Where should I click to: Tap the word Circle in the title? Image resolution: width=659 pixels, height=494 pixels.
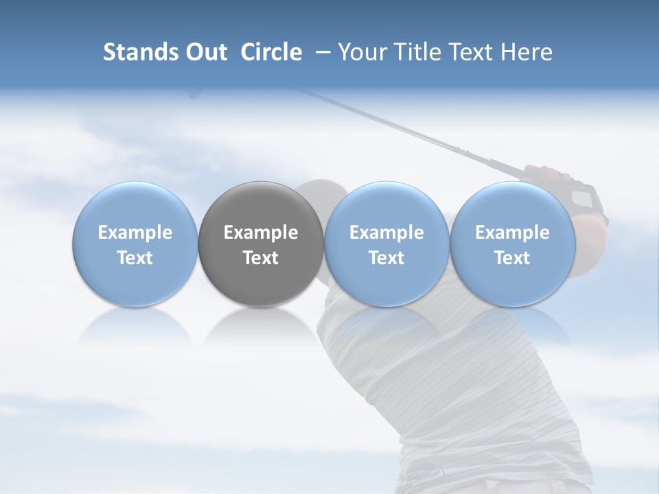point(271,52)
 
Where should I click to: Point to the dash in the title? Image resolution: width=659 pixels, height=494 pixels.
point(320,52)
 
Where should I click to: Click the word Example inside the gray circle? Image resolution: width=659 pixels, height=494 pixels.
point(261,233)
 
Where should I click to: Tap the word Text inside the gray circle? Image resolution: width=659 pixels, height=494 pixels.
point(261,258)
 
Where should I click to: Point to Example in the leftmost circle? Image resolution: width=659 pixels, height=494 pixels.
point(135,233)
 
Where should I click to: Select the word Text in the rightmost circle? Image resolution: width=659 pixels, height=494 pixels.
point(512,258)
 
